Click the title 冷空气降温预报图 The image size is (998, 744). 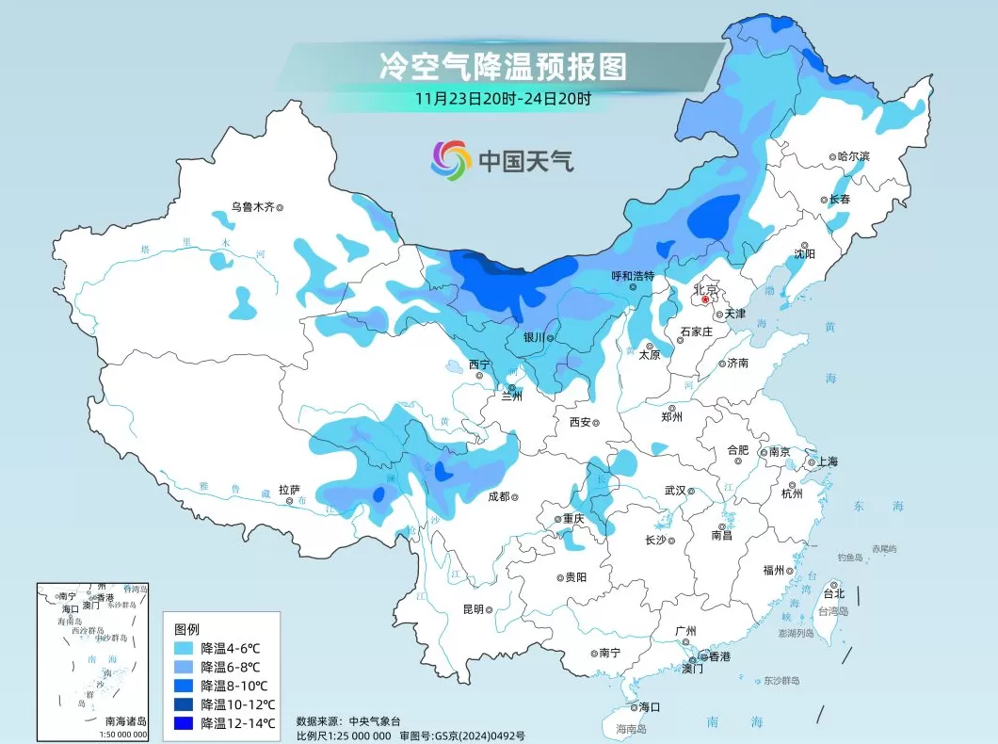pos(503,66)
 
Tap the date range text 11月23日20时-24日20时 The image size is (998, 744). pos(503,97)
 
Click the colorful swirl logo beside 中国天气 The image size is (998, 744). pos(451,160)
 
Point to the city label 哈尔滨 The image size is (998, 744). pos(854,156)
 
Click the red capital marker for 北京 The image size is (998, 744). pos(705,299)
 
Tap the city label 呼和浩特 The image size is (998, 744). pos(632,276)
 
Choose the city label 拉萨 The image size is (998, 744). pos(289,490)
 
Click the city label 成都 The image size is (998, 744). pos(498,496)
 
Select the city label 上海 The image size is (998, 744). pos(828,461)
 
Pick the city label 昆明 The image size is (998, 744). pos(473,609)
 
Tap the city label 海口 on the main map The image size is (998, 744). pos(650,706)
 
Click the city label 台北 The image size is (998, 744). pos(834,593)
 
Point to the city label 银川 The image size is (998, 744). pos(532,337)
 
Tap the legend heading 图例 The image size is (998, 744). pos(187,629)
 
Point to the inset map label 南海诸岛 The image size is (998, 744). pos(124,720)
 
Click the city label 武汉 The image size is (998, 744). pos(674,490)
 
